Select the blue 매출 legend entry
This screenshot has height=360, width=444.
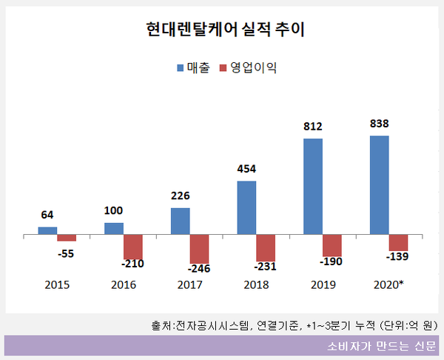coord(194,67)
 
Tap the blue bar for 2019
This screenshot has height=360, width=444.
coord(313,186)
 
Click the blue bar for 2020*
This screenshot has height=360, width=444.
coord(379,184)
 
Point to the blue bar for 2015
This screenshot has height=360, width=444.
coord(47,230)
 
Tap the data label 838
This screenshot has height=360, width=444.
coord(379,124)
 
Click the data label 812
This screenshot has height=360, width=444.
coord(313,127)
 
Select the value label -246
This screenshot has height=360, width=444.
coord(199,269)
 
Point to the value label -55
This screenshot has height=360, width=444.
coord(66,253)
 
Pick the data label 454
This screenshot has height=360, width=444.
coord(246,170)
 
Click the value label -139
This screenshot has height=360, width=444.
coord(398,256)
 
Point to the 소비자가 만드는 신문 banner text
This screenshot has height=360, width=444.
coord(381,347)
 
